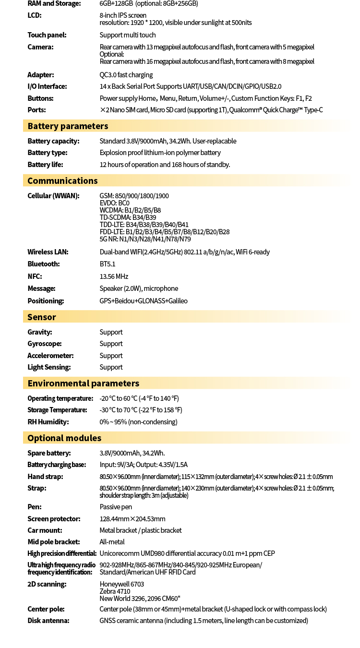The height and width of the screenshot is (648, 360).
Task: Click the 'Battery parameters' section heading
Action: coord(68,126)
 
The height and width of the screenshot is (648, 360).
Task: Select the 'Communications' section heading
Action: coord(62,181)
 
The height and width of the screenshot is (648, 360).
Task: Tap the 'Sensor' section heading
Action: coord(42,317)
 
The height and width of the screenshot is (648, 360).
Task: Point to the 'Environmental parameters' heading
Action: coord(83,384)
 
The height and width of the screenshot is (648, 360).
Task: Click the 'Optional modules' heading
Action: coord(64,438)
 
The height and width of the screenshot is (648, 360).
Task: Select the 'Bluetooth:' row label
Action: coord(44,264)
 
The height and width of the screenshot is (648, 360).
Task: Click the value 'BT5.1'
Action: coord(108,264)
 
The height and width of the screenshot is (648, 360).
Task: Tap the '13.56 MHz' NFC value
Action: coord(114,276)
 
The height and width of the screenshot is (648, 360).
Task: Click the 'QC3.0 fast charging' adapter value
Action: coord(126,75)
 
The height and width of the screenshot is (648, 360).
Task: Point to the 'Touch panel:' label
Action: coord(47,35)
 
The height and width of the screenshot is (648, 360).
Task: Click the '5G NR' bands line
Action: coord(145,239)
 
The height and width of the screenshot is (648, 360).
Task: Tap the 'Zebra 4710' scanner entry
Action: coord(115,591)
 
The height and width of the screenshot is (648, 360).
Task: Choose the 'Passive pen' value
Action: coord(116,507)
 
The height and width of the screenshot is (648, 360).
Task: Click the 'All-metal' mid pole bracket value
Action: coord(112,542)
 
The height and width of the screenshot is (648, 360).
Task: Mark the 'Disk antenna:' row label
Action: coord(48,621)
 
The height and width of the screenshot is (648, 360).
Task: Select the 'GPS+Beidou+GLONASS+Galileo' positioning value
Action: coord(144,301)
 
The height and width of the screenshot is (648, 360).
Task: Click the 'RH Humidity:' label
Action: coord(48,422)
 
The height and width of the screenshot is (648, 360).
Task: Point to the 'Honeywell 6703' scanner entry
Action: coord(122,584)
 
